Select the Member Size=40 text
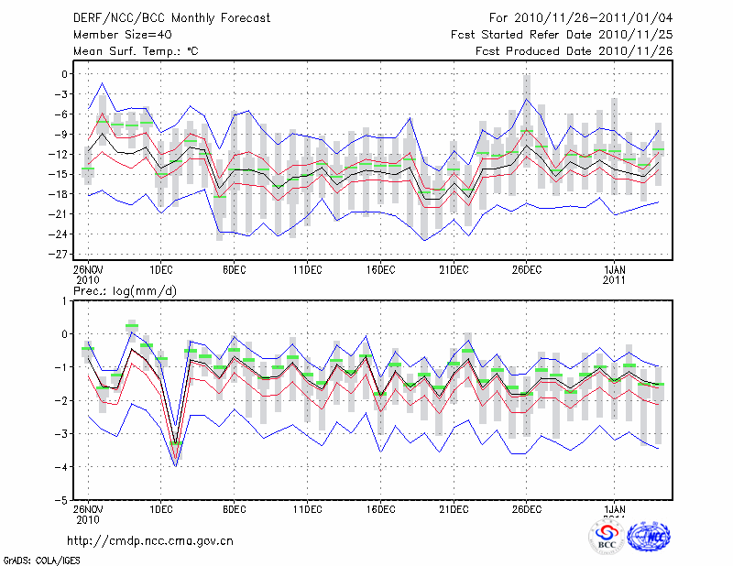point(121,34)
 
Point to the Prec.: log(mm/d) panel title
point(125,290)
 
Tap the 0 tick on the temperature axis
point(64,74)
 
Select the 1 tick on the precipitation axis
point(65,300)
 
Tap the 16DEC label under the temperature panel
point(380,269)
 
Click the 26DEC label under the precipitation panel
point(527,509)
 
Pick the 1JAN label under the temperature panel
point(614,269)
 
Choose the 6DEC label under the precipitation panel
point(234,509)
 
